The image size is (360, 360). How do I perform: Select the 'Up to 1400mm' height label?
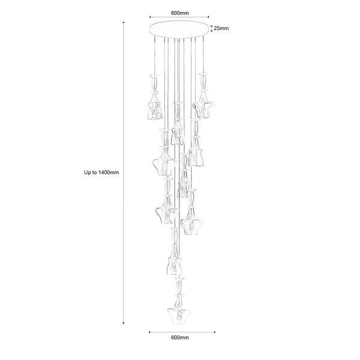coord(102,172)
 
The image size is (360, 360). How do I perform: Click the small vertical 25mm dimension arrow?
coord(211,27)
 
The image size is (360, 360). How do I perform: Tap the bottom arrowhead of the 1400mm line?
coord(124,324)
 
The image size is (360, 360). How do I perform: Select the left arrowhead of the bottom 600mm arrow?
coord(149,330)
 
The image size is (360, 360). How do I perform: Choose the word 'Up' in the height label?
coord(88,172)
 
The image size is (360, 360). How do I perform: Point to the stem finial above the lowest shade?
coord(178,287)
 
